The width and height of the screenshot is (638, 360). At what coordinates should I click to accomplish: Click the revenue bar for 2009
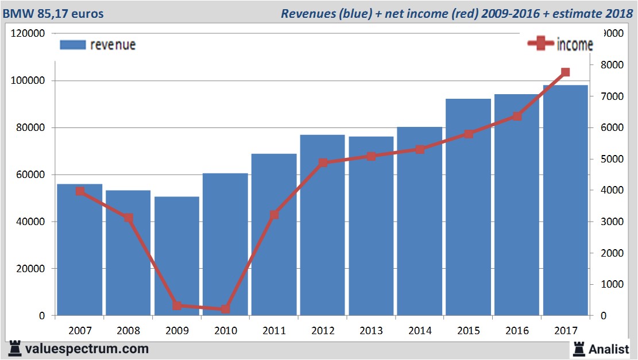pyautogui.click(x=177, y=256)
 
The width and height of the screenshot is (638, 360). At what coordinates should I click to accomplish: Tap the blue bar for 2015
pyautogui.click(x=468, y=207)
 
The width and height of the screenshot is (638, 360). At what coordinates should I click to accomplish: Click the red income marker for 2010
pyautogui.click(x=225, y=309)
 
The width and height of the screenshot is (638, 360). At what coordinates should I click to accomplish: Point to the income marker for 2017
pyautogui.click(x=565, y=72)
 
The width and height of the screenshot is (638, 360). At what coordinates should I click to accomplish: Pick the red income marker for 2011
pyautogui.click(x=274, y=215)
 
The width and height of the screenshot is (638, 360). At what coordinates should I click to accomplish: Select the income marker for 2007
pyautogui.click(x=80, y=192)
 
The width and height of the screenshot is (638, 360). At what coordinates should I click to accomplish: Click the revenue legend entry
pyautogui.click(x=98, y=45)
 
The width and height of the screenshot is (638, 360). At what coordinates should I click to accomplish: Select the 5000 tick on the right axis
pyautogui.click(x=608, y=159)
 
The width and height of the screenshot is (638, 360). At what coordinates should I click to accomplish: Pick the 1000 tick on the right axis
pyautogui.click(x=608, y=284)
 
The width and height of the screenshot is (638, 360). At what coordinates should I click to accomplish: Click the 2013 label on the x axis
pyautogui.click(x=371, y=331)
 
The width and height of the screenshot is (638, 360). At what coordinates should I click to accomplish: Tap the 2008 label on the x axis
pyautogui.click(x=128, y=331)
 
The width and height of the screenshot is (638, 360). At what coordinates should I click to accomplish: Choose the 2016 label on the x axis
pyautogui.click(x=517, y=331)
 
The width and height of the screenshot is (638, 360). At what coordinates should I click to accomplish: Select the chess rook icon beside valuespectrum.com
pyautogui.click(x=16, y=349)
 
